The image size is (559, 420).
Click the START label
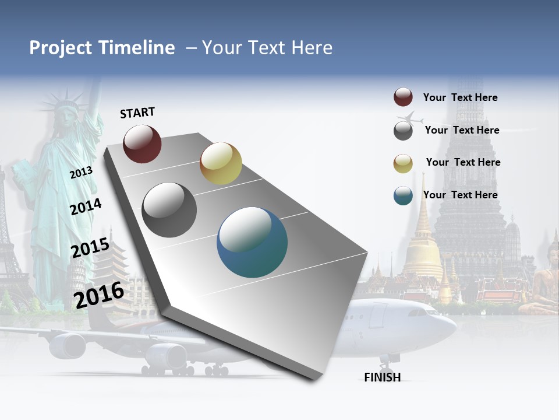(137, 113)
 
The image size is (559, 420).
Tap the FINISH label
(383, 377)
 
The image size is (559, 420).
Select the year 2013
(81, 172)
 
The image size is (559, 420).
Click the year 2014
(86, 206)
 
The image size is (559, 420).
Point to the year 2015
(90, 248)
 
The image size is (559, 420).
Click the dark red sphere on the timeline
(142, 143)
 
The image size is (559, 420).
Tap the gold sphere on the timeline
(221, 163)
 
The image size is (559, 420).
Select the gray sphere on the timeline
(169, 210)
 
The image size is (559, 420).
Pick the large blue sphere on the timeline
(252, 242)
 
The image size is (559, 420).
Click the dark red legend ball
(403, 97)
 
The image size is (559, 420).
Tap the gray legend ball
(403, 131)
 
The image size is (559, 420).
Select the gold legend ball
(403, 163)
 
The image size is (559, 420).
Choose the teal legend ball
(403, 195)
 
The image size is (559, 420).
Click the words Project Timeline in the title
(102, 48)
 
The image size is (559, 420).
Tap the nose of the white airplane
(452, 327)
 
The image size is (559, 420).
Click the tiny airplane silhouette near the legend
(413, 118)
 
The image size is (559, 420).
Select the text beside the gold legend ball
(463, 162)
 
